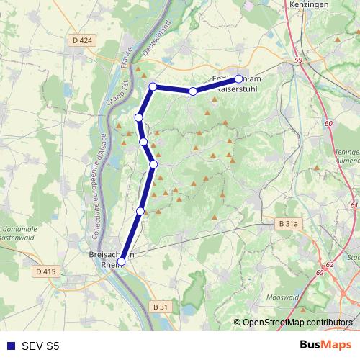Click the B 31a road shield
(x=288, y=225)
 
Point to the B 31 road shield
(x=161, y=307)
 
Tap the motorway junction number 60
(x=328, y=124)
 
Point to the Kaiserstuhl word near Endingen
(x=229, y=89)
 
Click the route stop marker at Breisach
(x=122, y=262)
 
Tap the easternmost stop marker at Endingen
(x=239, y=78)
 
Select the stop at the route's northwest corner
(x=153, y=87)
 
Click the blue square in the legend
(x=10, y=346)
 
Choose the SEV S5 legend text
(x=41, y=346)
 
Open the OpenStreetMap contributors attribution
(x=297, y=322)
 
